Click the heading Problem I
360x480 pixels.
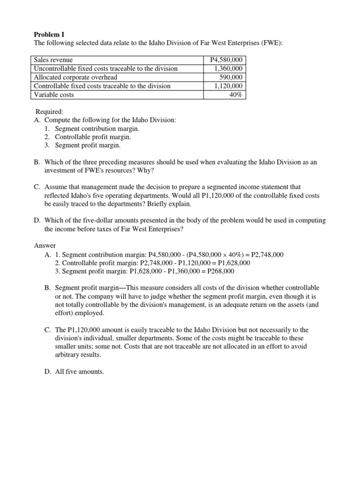(49, 35)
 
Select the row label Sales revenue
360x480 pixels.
(53, 60)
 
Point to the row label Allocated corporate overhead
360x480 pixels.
(75, 77)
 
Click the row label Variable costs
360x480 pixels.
(54, 95)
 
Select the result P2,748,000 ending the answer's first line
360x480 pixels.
(267, 255)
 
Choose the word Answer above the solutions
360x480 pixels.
(45, 246)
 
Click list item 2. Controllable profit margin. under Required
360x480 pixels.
(93, 137)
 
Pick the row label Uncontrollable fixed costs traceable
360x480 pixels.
(106, 69)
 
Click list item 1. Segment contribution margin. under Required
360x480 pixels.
(97, 128)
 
